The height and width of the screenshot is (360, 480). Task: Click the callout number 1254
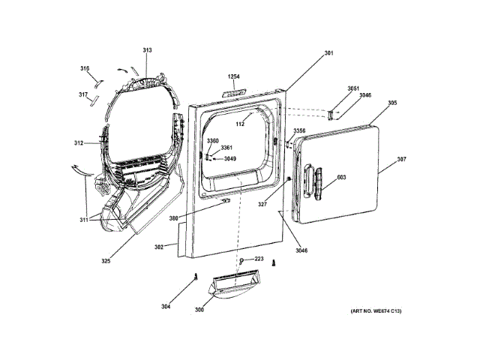(x=235, y=76)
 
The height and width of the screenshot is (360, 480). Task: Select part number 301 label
(x=328, y=52)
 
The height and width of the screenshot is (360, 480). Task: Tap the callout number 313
(x=147, y=50)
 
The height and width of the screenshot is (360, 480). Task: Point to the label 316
(x=85, y=68)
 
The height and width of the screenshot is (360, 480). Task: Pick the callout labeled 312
(x=79, y=142)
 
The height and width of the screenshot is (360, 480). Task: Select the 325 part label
(x=106, y=261)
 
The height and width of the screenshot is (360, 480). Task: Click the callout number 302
(x=159, y=246)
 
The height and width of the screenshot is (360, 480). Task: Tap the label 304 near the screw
(x=165, y=306)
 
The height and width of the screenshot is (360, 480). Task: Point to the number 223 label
(x=259, y=259)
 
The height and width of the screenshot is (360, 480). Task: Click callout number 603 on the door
(x=341, y=178)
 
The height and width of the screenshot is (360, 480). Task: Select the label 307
(x=402, y=159)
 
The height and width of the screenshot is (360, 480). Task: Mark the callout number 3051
(x=353, y=88)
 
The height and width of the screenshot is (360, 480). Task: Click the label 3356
(x=299, y=130)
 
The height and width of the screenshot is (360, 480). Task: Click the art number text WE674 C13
(x=375, y=311)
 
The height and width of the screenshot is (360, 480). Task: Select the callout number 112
(x=241, y=123)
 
